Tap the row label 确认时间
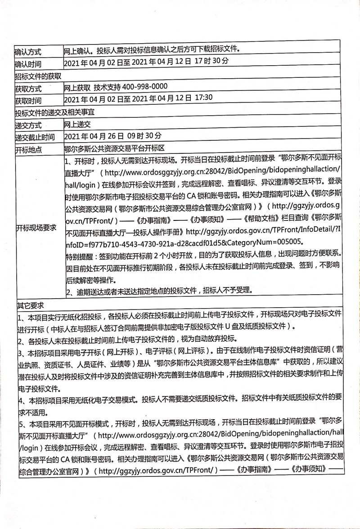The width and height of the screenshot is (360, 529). click(x=28, y=63)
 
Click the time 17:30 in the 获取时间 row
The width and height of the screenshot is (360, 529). click(x=202, y=98)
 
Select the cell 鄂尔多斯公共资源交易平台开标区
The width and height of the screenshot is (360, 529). click(x=115, y=148)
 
